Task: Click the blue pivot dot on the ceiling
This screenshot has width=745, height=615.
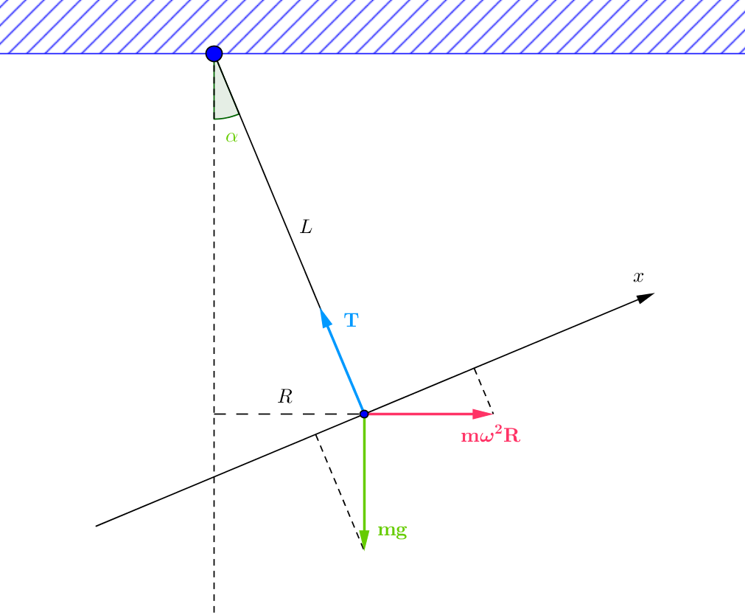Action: (x=214, y=53)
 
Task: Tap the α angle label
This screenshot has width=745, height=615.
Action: (x=232, y=137)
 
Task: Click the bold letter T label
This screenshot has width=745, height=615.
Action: (x=351, y=320)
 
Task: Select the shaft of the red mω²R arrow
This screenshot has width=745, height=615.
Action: (x=420, y=414)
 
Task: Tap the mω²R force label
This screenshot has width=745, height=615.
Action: (x=491, y=436)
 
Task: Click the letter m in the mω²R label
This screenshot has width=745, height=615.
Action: (x=468, y=437)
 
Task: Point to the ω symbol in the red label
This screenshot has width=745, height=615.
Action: (x=483, y=437)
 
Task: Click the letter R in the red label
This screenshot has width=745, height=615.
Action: (x=511, y=436)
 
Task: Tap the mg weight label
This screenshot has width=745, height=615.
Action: (x=392, y=530)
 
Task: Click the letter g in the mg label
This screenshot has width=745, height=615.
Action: (x=401, y=532)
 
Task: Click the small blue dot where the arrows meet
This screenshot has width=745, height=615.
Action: (x=364, y=414)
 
